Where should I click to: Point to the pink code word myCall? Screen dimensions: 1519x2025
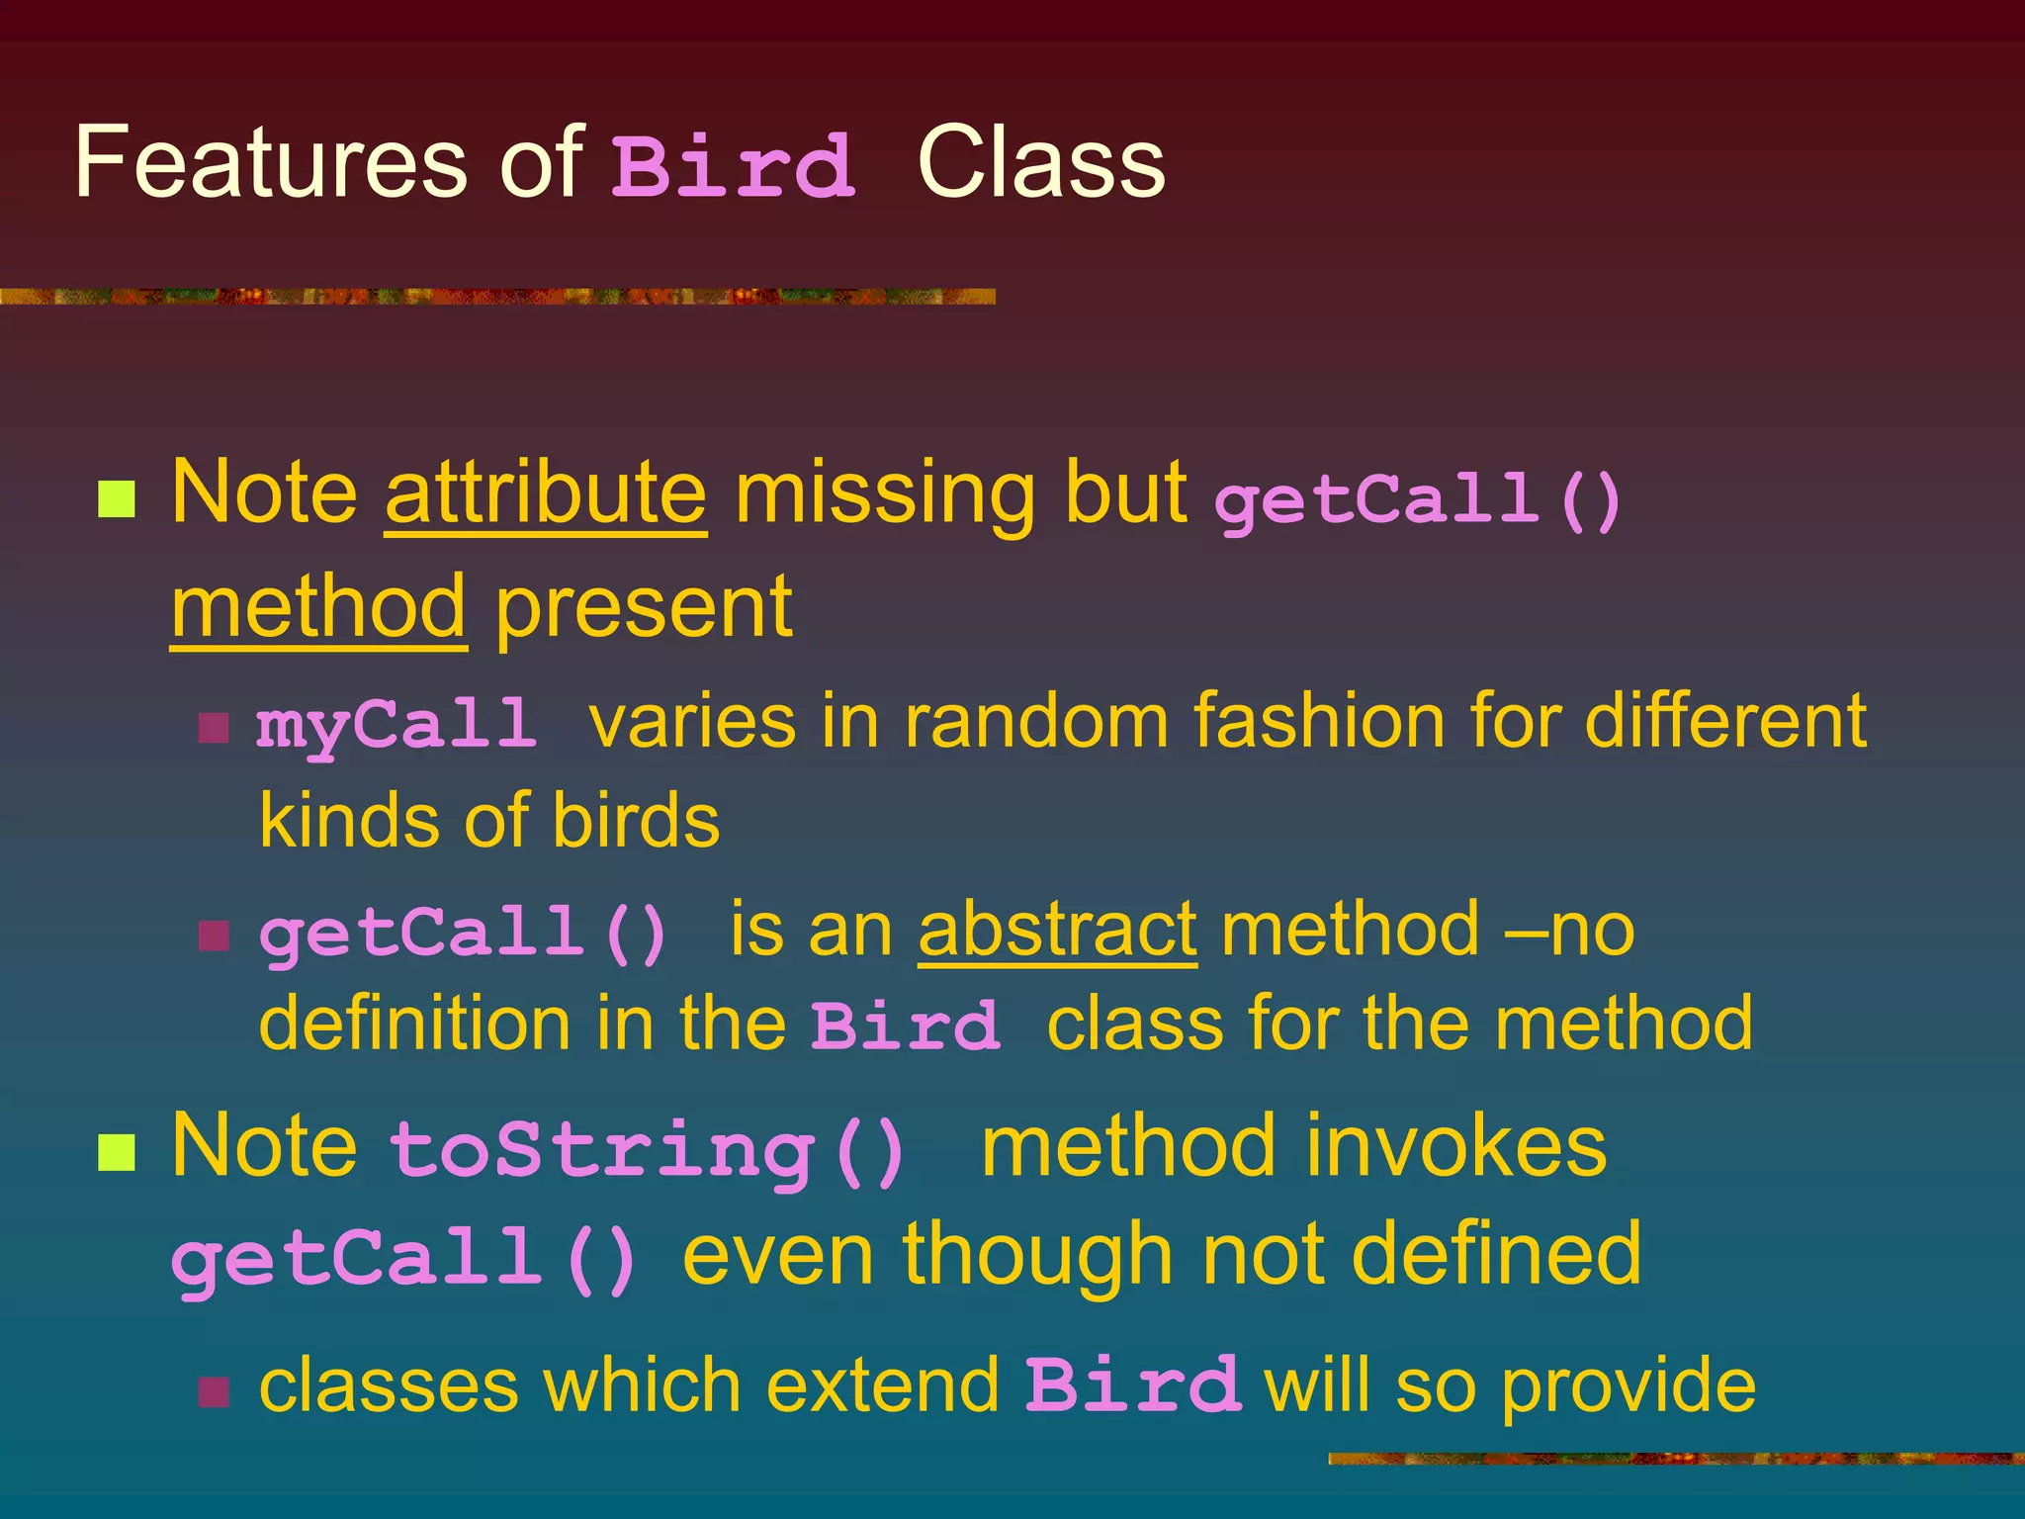[396, 725]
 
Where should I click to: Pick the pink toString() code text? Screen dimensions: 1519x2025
[648, 1149]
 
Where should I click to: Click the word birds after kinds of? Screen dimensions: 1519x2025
[636, 821]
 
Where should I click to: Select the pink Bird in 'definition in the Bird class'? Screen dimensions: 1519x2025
[905, 1025]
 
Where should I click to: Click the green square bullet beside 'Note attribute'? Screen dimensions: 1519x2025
[117, 499]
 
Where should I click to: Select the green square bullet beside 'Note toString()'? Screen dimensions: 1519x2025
[117, 1152]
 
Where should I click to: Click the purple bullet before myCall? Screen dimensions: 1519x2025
[214, 728]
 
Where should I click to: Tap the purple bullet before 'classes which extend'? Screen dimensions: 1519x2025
[214, 1391]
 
